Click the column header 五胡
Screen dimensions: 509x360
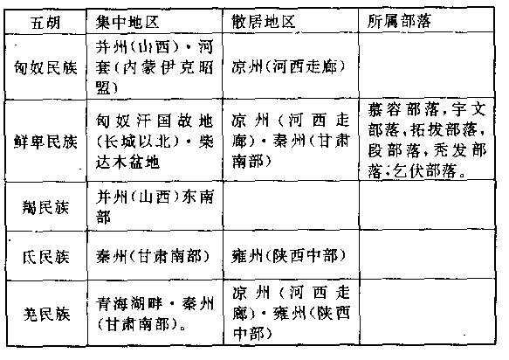(x=45, y=23)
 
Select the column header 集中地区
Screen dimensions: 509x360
(x=127, y=23)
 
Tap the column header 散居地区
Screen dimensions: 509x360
(x=264, y=22)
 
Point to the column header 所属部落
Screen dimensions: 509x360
(x=399, y=21)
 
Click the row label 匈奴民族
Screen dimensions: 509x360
(x=45, y=67)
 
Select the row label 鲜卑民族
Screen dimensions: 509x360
(x=45, y=142)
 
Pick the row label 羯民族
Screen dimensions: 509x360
(x=45, y=207)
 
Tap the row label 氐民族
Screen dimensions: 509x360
(x=45, y=257)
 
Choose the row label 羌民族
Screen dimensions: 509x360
(x=46, y=314)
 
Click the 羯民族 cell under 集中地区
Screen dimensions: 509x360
(x=155, y=206)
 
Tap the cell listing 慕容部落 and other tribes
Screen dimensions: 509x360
(x=427, y=141)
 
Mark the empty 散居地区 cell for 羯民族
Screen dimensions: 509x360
(x=291, y=205)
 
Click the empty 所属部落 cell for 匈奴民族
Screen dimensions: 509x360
(x=427, y=65)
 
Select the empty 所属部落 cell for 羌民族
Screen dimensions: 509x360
(x=427, y=311)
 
